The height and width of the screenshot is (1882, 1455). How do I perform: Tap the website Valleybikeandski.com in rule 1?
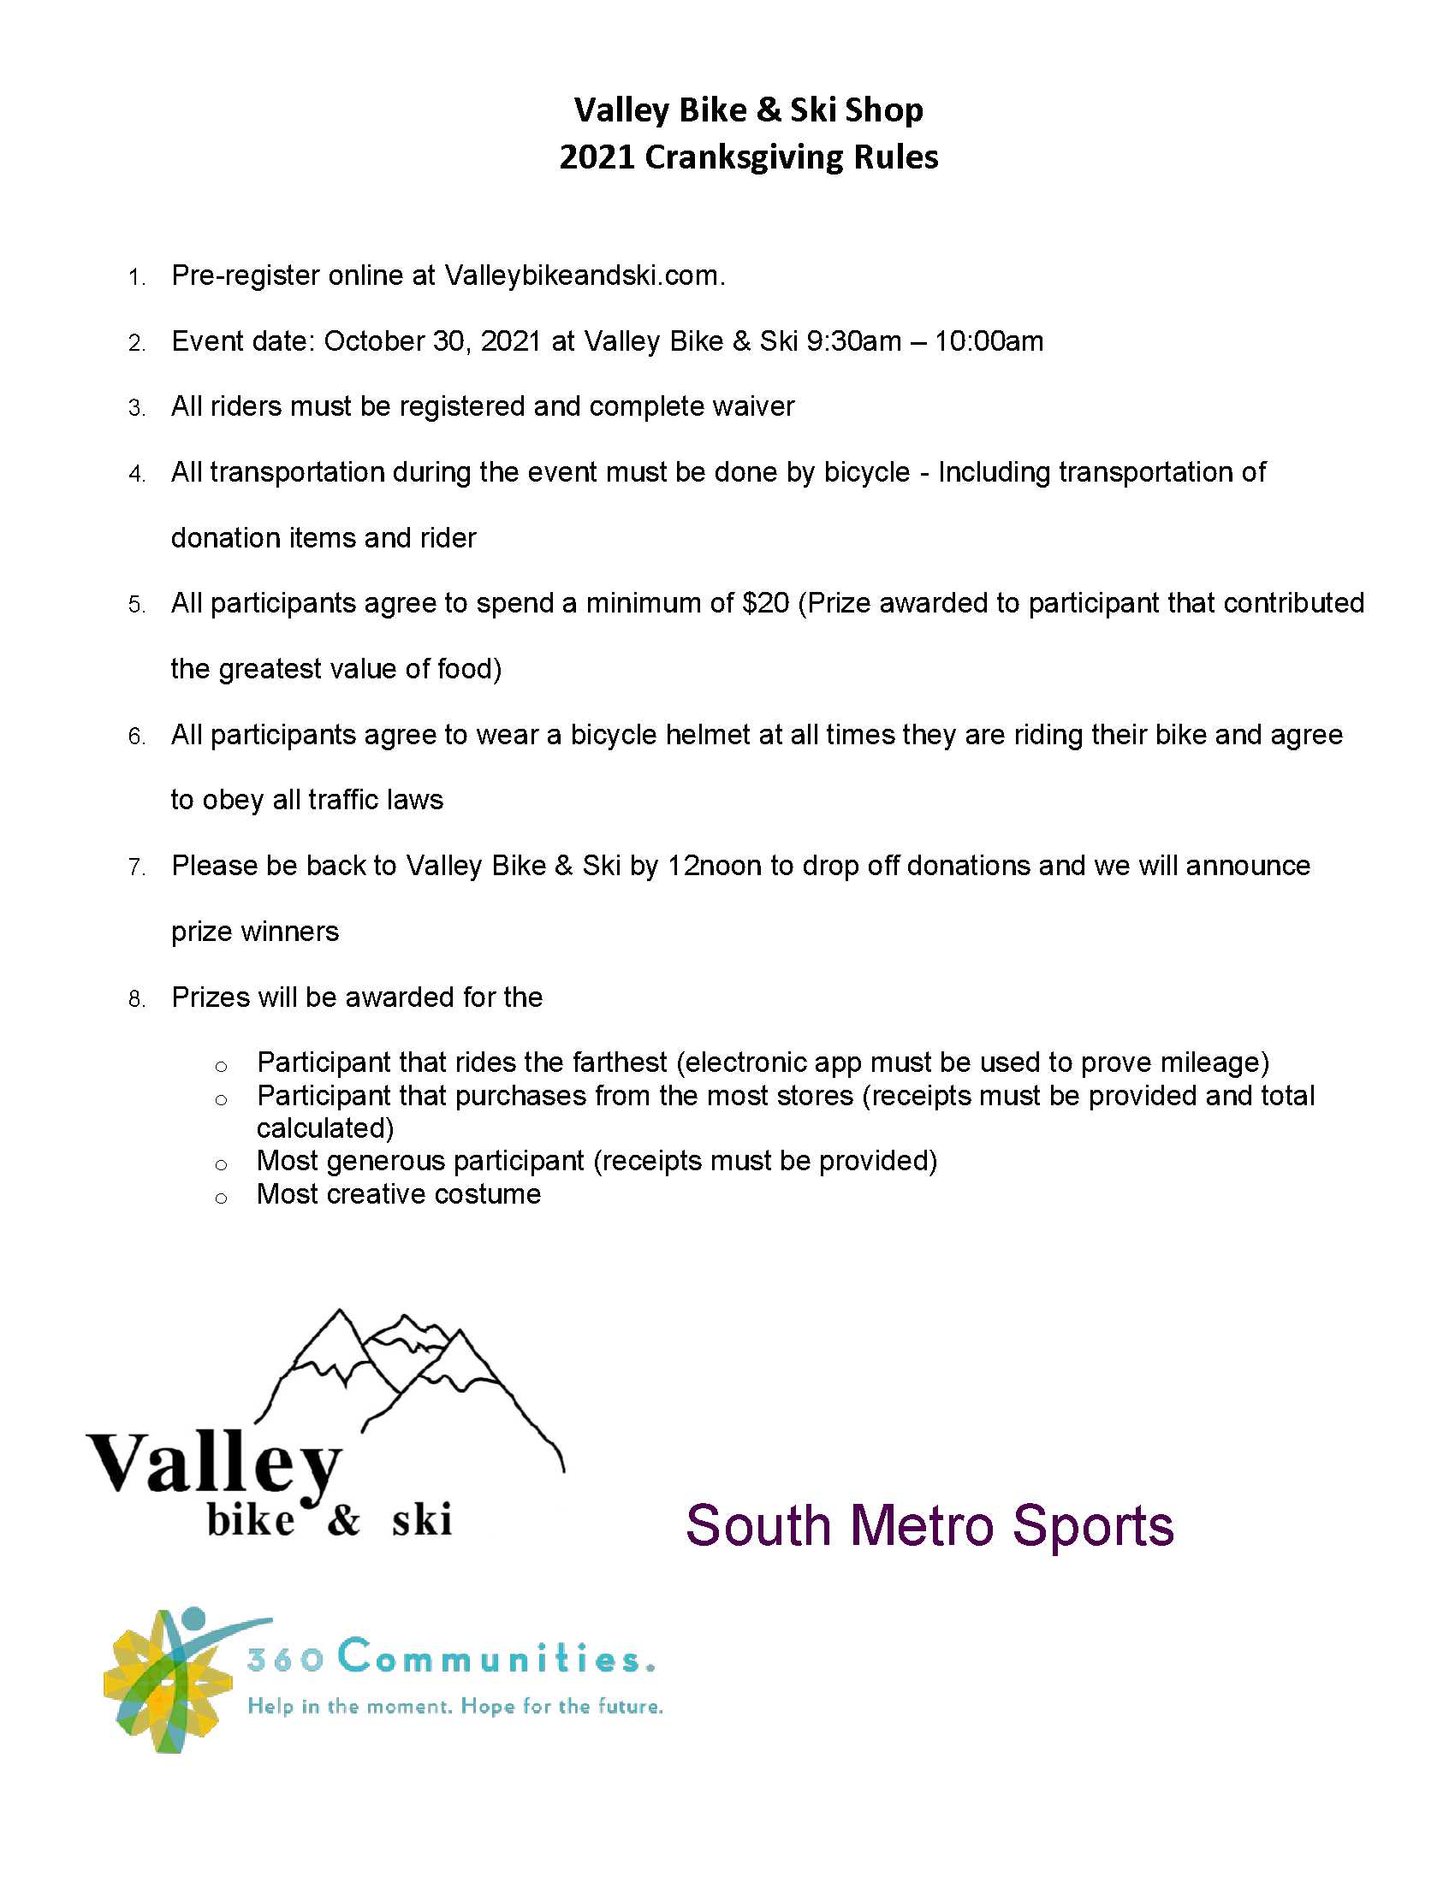[585, 275]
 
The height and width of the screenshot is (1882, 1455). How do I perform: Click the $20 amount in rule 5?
[764, 603]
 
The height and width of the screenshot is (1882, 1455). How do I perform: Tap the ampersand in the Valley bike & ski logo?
[343, 1519]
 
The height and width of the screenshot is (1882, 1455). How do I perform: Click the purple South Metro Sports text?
[929, 1526]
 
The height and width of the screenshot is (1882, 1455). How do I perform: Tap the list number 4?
[136, 474]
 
